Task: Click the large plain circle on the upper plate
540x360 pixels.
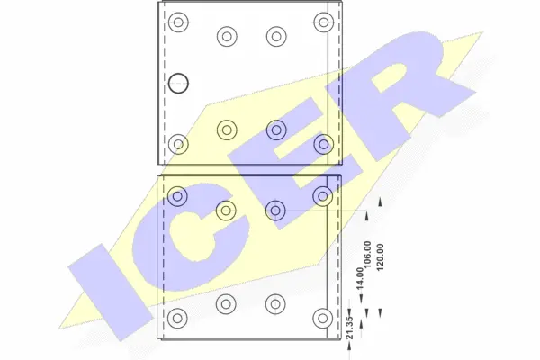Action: (179, 83)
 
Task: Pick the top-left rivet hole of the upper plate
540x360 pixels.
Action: (178, 22)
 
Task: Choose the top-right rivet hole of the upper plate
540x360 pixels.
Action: (321, 22)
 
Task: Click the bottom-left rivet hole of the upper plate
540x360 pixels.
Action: (178, 143)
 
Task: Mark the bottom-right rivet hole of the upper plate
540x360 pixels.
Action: (321, 143)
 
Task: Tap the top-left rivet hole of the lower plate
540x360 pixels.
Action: (178, 195)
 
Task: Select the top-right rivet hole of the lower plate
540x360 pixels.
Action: (321, 195)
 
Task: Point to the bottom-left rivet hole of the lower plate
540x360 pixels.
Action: (178, 317)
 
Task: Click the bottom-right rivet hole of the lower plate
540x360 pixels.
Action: (321, 317)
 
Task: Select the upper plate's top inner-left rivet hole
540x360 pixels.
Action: (226, 37)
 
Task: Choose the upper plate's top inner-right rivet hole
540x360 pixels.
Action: (274, 37)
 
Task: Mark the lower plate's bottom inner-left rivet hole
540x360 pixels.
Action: (226, 301)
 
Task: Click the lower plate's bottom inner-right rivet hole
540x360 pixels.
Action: (274, 301)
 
